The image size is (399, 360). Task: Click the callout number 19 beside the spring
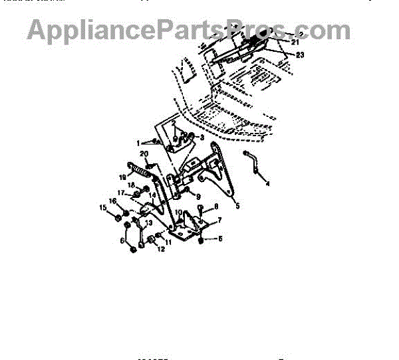coord(122,177)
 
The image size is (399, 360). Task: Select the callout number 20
coord(143,155)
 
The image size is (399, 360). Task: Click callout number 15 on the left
coord(103,209)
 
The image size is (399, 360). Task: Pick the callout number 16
coord(112,200)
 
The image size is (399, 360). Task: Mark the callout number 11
coord(168,242)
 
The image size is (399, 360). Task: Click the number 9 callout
coord(198,197)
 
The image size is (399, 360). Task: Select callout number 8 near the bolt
coord(215,207)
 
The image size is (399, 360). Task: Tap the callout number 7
coord(219,219)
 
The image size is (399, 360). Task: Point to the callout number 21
coord(295,41)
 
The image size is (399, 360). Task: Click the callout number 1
coord(140,142)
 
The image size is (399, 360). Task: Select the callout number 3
coord(201,137)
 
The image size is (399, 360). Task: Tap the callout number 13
coord(150,223)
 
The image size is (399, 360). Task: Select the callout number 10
coord(178,213)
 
